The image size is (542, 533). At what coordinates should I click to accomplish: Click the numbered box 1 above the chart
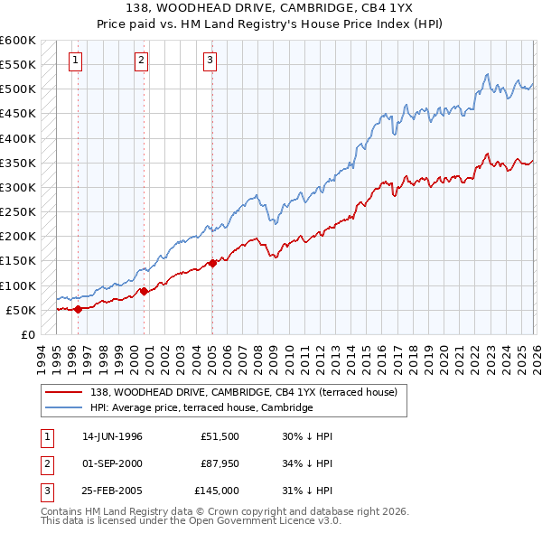(x=75, y=61)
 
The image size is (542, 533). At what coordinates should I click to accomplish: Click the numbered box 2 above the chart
(x=142, y=61)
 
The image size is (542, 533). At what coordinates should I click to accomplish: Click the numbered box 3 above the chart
(x=210, y=61)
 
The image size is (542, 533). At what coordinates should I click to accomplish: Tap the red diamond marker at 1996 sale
(x=78, y=309)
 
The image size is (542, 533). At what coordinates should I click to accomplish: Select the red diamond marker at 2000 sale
(x=145, y=291)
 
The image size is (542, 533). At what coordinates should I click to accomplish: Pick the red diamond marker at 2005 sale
(x=212, y=263)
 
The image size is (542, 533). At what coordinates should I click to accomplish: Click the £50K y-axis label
(x=21, y=310)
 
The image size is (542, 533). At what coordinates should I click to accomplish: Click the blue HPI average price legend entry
(x=201, y=408)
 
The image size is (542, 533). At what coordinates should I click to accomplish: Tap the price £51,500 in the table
(x=220, y=436)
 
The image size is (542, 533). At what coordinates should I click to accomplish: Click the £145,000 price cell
(x=217, y=491)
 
